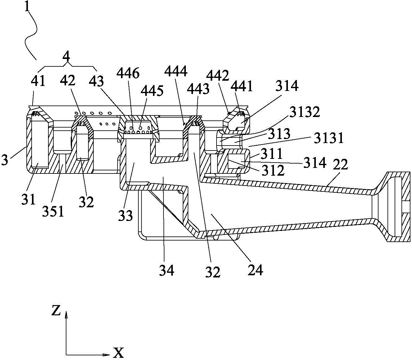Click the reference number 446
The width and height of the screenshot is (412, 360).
[x=128, y=73]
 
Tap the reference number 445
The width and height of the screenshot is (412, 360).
[x=152, y=91]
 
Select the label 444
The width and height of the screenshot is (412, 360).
[x=176, y=71]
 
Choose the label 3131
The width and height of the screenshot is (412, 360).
[x=329, y=138]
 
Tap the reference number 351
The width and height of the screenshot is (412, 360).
[x=53, y=211]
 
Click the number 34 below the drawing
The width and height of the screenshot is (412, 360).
[x=166, y=271]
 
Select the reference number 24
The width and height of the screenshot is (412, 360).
[x=255, y=270]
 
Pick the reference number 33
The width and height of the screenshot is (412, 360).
[x=126, y=215]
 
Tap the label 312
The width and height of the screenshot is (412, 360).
[x=273, y=170]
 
